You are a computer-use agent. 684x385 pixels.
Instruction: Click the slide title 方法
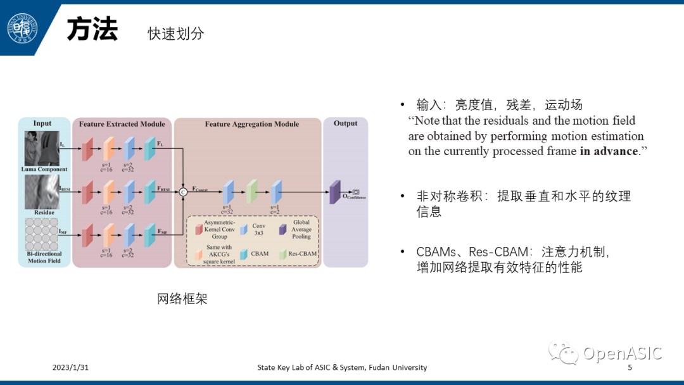pos(92,30)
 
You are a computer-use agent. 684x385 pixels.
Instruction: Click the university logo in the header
pos(22,28)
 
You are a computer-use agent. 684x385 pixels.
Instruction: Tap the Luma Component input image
pos(41,148)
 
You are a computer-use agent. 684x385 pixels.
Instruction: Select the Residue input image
pos(41,192)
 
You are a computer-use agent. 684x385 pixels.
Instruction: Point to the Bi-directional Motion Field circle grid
pos(41,234)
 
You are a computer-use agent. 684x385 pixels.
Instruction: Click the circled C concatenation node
pos(184,192)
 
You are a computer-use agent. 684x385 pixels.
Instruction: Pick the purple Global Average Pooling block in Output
pos(334,191)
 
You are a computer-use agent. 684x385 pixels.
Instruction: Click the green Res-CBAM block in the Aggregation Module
pos(251,192)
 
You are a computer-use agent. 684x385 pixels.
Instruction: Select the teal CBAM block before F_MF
pos(149,235)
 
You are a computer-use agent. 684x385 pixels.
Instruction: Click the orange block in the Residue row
pos(108,192)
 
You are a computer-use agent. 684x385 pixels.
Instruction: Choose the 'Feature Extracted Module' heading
pos(122,124)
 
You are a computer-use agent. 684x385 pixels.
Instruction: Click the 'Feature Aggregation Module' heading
pos(251,124)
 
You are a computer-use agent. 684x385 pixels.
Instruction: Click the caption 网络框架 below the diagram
pos(182,299)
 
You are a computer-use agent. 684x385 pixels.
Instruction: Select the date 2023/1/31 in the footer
pos(70,367)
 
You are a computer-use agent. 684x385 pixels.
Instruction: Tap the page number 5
pos(630,367)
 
